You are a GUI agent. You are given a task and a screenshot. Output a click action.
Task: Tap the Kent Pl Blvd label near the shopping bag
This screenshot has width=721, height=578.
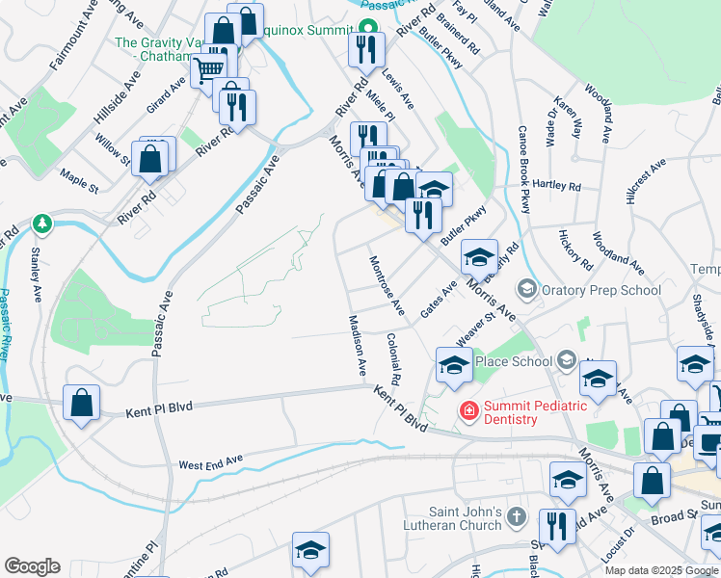[x=159, y=409]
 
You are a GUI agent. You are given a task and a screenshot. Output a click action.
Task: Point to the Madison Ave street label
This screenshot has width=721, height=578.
[x=357, y=344]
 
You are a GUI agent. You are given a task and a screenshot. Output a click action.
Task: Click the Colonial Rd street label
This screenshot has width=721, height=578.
[x=393, y=355]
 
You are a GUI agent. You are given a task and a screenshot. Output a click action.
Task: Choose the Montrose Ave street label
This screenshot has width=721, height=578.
[x=386, y=284]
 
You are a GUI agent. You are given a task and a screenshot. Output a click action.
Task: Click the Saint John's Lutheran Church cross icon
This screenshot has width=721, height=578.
[x=516, y=517]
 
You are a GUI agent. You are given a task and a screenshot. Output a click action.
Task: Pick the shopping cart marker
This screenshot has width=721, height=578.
[x=208, y=68]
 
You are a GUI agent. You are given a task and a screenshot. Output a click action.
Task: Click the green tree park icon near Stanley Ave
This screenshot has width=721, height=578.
[x=40, y=224]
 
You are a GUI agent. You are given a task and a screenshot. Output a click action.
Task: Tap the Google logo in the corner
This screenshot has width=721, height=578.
[x=32, y=566]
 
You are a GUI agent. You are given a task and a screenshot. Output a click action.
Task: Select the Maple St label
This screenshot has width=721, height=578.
[x=80, y=177]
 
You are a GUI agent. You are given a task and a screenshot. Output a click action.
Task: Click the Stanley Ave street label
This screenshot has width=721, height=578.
[x=37, y=273]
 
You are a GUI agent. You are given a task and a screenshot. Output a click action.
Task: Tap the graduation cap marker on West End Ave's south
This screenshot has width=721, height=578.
[x=310, y=549]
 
